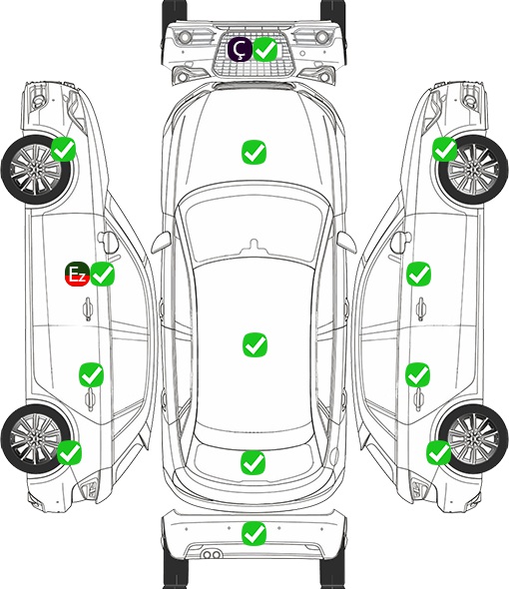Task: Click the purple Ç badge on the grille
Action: coord(240,49)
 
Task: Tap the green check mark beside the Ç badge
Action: coord(265,49)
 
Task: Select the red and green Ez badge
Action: coord(77,274)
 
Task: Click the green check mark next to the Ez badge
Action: coord(102,274)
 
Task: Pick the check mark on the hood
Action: coord(254,152)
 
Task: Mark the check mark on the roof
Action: coord(254,344)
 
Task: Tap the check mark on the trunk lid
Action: coord(253,462)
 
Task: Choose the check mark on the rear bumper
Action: coord(254,533)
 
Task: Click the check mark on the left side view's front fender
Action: coord(64,149)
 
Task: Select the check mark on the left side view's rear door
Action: coord(91,374)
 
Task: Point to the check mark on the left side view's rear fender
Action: coord(70,452)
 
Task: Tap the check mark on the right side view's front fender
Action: coord(445,149)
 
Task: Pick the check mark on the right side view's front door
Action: coord(419,274)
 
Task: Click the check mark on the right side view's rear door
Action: coord(418,374)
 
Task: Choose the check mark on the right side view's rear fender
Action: coord(438,452)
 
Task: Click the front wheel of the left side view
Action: coord(35,171)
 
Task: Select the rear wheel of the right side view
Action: coord(473,438)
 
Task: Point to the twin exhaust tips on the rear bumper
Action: coord(212,555)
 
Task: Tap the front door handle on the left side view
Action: coord(88,308)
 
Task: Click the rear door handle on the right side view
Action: coord(419,399)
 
